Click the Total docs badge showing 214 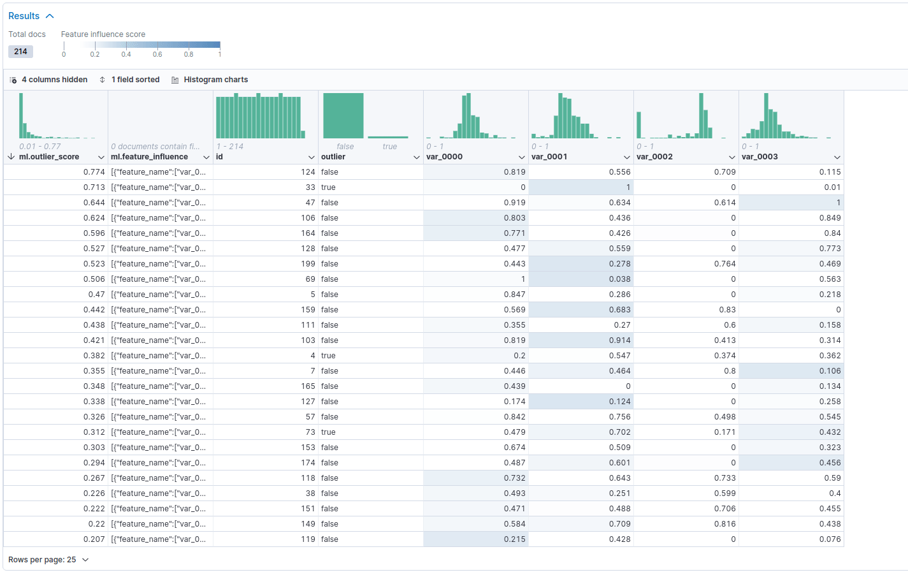[x=20, y=52]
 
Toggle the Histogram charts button [x=210, y=80]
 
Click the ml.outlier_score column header [x=49, y=157]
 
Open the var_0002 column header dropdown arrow [x=731, y=157]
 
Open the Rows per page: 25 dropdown [x=48, y=560]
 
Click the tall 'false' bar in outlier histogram [x=343, y=116]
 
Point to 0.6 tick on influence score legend [x=157, y=54]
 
